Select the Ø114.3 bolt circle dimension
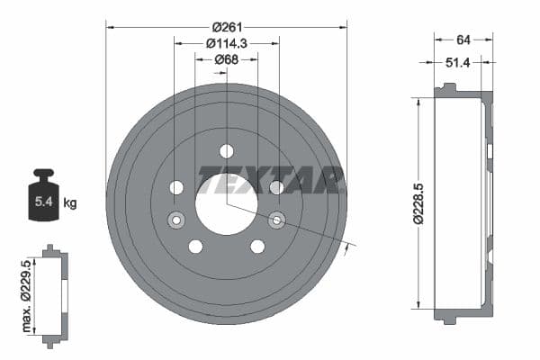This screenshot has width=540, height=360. (x=226, y=43)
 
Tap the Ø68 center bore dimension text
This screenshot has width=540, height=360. (x=226, y=60)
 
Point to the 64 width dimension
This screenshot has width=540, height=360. (x=463, y=39)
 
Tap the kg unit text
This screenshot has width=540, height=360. (x=70, y=203)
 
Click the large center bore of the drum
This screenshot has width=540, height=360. (x=226, y=203)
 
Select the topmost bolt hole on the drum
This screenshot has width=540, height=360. (x=226, y=150)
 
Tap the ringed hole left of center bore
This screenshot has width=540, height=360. (x=176, y=220)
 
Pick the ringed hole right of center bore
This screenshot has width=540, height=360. (x=276, y=220)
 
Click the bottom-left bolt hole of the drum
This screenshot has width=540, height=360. (x=195, y=247)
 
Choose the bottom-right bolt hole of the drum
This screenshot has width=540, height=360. (x=257, y=247)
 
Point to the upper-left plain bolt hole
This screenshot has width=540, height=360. (x=176, y=187)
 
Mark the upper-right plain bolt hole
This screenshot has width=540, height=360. (x=276, y=187)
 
